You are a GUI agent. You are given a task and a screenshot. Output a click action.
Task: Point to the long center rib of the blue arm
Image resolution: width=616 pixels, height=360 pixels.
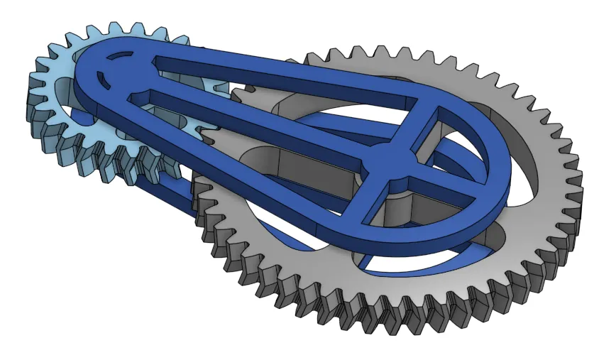coord(270,121)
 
